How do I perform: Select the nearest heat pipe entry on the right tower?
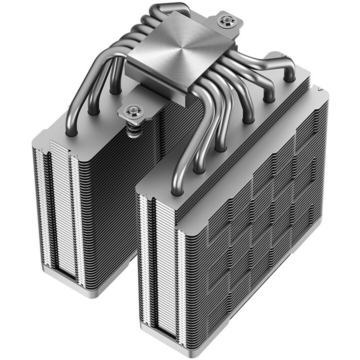(x=176, y=188)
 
